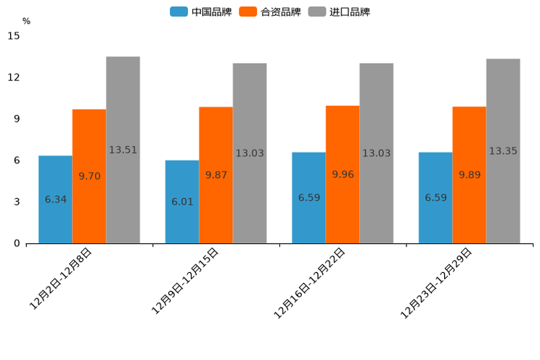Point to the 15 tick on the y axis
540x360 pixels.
tap(15, 36)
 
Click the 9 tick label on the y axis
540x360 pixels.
tap(17, 119)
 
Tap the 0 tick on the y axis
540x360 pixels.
tap(17, 243)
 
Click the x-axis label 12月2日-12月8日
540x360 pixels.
tap(61, 279)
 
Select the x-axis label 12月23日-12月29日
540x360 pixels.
tap(437, 282)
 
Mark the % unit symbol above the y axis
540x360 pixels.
tap(26, 21)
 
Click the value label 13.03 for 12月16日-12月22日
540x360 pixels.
tap(376, 153)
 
